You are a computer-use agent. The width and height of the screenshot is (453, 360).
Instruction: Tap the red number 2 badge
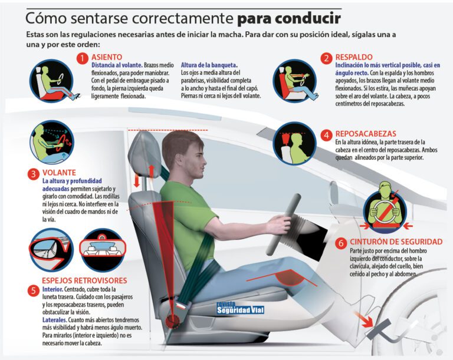tap(327, 58)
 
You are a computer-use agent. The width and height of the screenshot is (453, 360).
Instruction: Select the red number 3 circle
tap(33, 173)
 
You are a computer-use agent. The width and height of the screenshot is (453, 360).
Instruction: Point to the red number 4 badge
tap(327, 134)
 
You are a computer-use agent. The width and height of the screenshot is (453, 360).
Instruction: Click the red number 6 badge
tap(342, 242)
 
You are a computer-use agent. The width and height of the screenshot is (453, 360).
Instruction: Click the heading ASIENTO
tap(107, 58)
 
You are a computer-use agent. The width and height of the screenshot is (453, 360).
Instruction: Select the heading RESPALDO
tap(356, 58)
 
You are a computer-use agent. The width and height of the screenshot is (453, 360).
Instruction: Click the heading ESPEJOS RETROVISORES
tap(84, 280)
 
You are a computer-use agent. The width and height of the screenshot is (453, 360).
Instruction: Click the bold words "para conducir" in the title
tap(288, 18)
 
